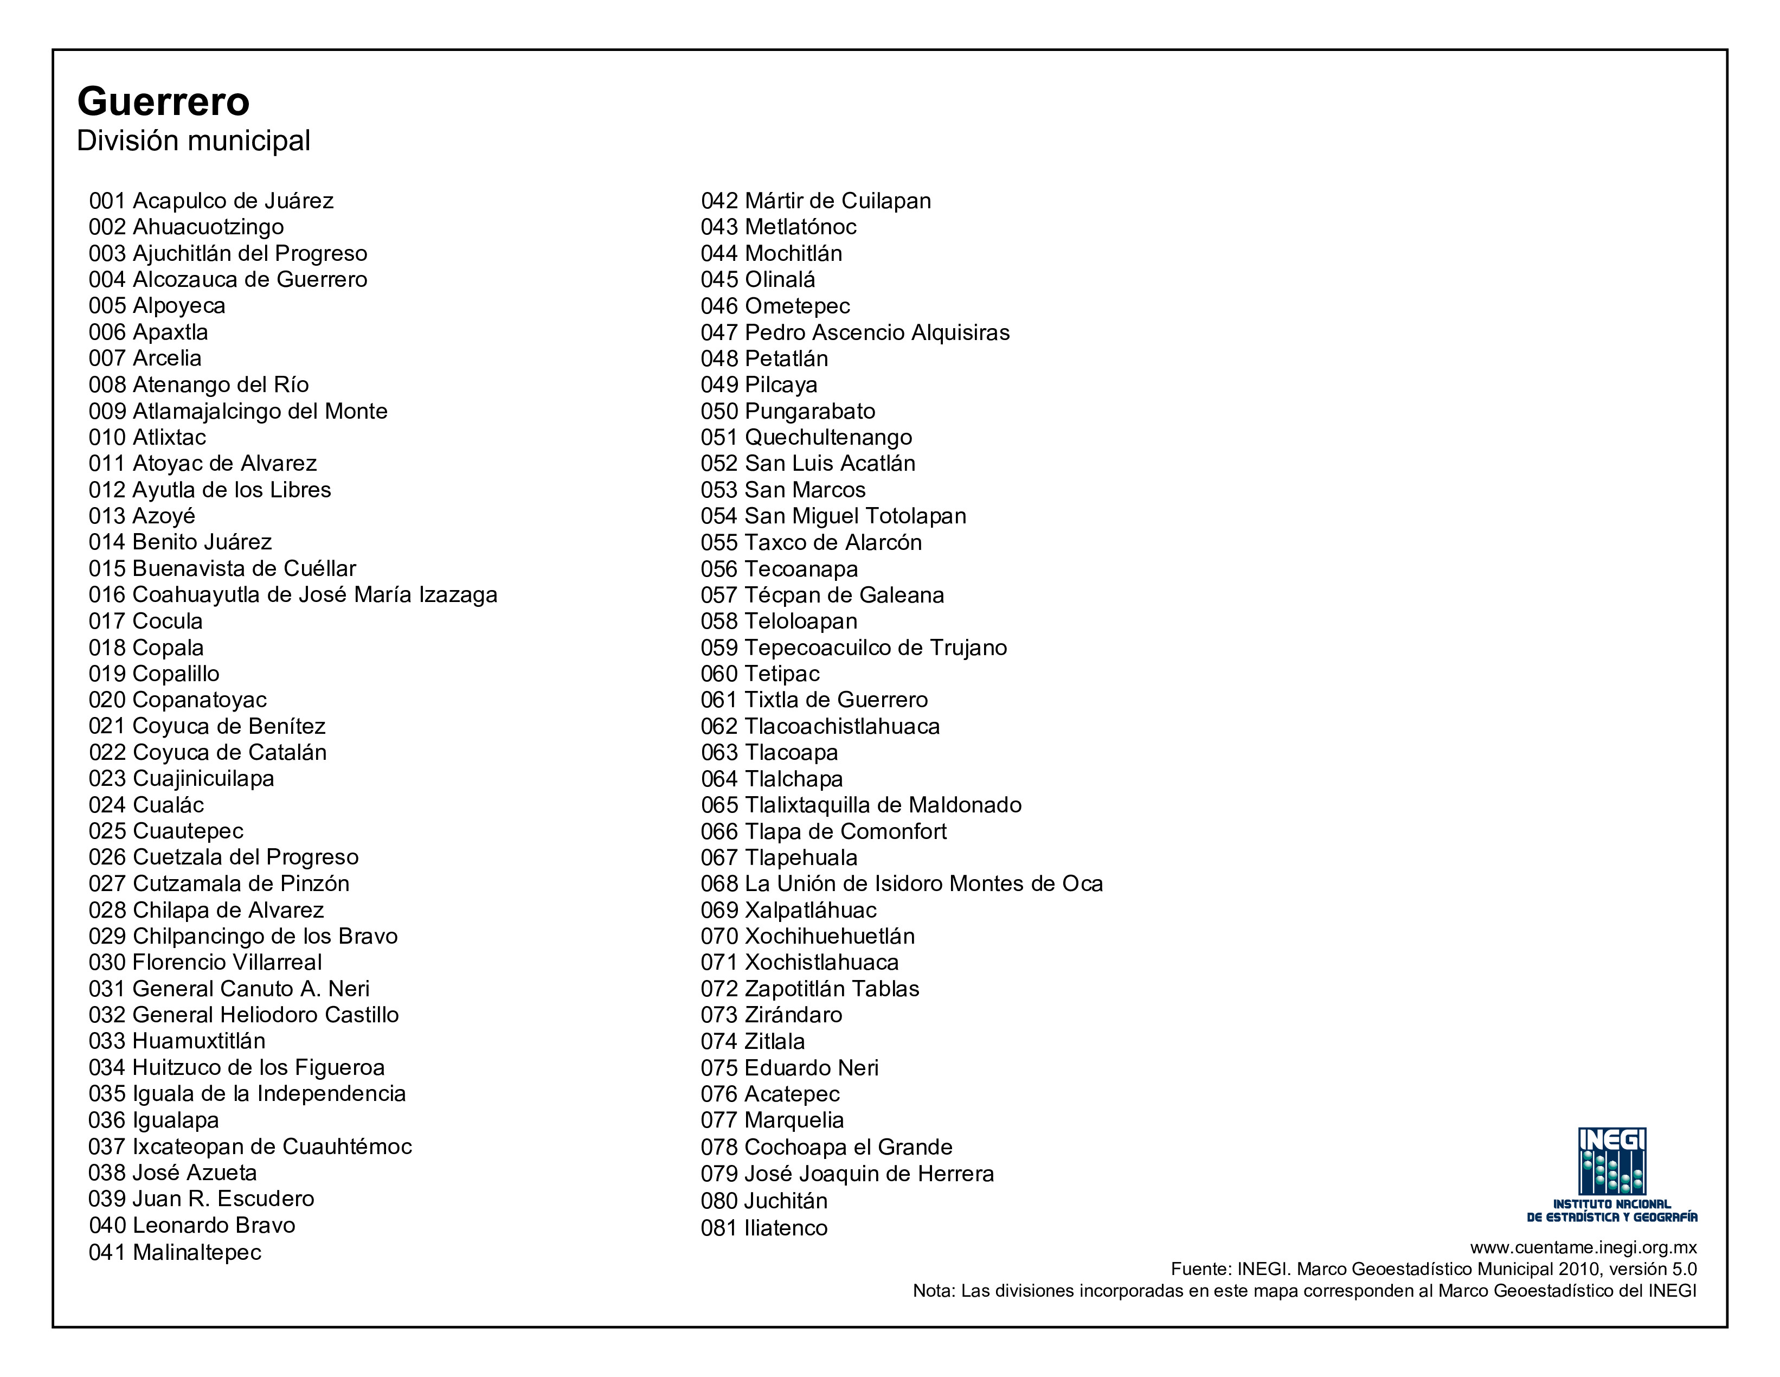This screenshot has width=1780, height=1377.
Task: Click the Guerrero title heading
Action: coord(163,102)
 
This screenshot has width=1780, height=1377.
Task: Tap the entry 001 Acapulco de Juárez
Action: coord(211,201)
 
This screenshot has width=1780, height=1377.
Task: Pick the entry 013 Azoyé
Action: coord(142,516)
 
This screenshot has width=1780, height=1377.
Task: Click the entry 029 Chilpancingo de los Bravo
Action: coord(243,936)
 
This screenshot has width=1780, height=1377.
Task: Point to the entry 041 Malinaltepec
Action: coord(175,1252)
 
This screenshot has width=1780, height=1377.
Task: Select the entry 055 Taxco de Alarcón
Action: coord(811,542)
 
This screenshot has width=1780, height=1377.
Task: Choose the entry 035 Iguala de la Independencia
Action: coord(247,1093)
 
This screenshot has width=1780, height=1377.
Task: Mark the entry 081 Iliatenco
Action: coord(764,1228)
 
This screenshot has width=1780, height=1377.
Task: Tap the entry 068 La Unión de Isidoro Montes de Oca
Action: coord(902,884)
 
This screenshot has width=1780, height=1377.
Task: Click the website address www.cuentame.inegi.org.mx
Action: coord(1584,1247)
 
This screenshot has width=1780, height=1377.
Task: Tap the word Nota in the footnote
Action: coord(933,1291)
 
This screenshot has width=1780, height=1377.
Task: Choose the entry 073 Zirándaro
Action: coord(771,1015)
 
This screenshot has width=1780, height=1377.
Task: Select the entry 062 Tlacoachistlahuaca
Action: coord(820,726)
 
